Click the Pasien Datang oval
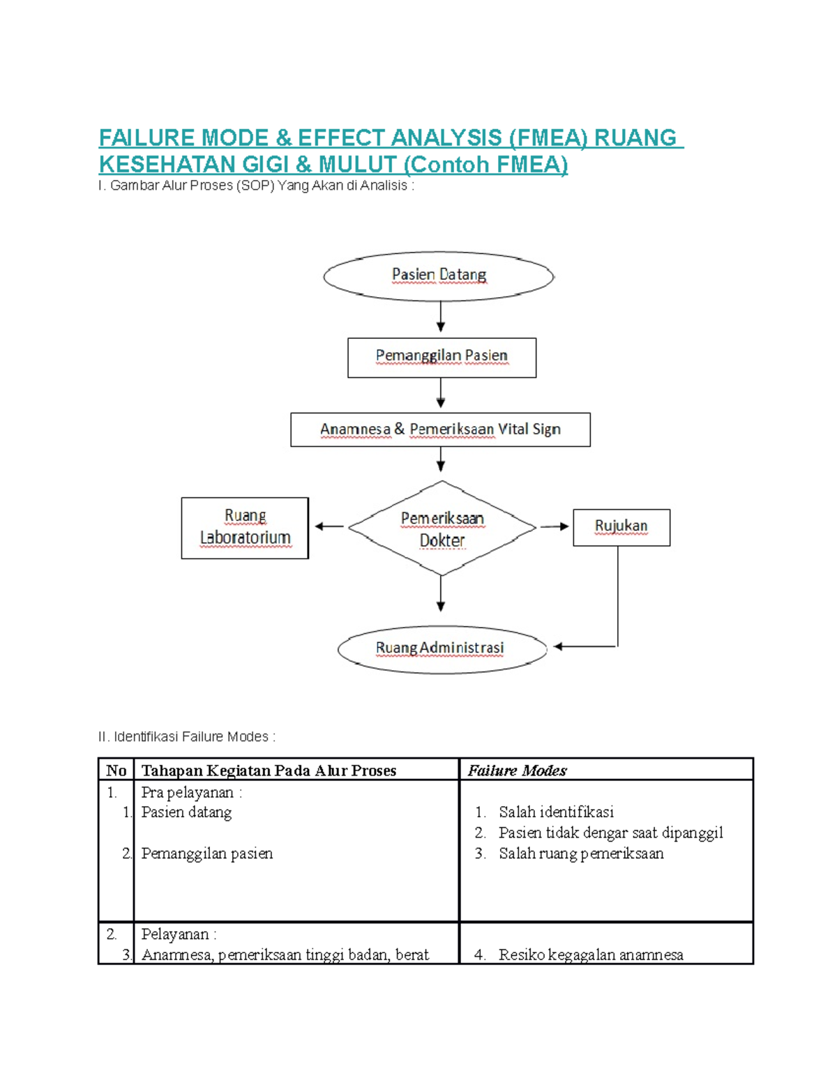coord(439,276)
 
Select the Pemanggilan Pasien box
coord(442,358)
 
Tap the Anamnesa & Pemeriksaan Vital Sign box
coord(440,430)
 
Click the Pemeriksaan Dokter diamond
coord(442,528)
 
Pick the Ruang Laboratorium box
coord(245,528)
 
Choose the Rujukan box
coord(621,527)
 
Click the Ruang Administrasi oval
coord(442,649)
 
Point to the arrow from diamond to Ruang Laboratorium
coord(329,527)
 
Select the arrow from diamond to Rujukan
coord(555,527)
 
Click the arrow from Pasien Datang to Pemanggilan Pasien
coord(440,317)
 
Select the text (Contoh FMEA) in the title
coord(485,165)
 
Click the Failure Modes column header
coord(517,771)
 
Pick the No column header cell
coord(116,771)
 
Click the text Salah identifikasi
coord(556,812)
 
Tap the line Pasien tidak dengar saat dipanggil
coord(610,833)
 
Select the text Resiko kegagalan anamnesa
coord(590,955)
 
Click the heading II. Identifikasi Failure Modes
coord(187,737)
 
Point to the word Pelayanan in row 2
coord(174,934)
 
